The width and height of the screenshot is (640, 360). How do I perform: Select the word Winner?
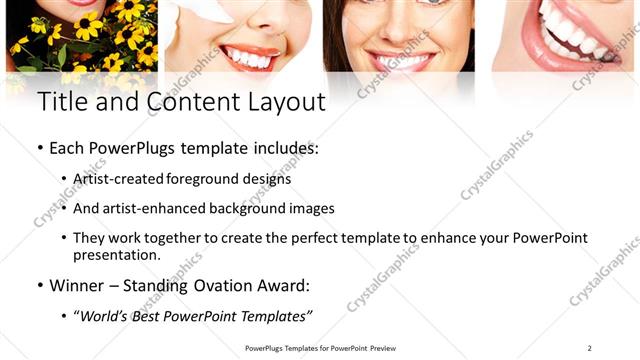(79, 286)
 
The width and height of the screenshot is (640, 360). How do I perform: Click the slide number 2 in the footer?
(590, 348)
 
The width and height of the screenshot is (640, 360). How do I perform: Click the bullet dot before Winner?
(40, 286)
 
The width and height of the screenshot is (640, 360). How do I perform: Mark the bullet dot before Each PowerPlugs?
(40, 148)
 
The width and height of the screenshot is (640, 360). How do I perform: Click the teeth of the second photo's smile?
(245, 58)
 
